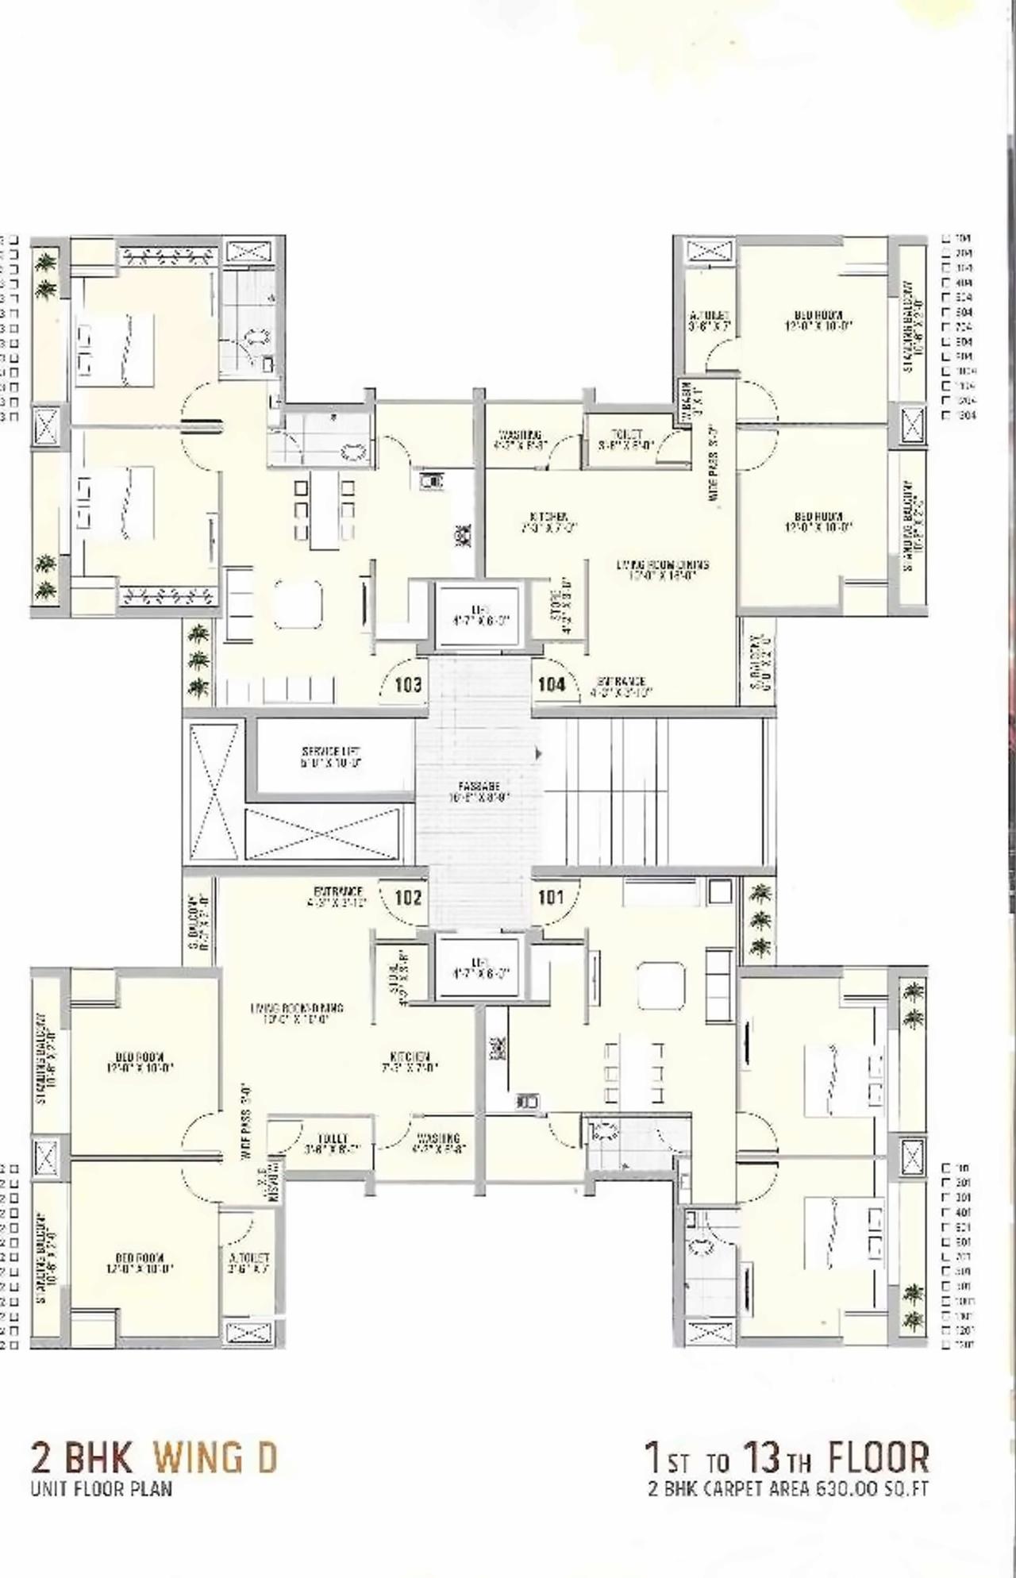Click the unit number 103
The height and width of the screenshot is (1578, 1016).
coord(408,685)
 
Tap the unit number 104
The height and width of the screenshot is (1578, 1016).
coord(551,684)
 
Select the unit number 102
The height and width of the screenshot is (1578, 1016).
coord(408,898)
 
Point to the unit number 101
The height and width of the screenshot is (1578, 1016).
coord(551,898)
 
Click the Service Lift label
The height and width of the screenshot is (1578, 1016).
coord(331,757)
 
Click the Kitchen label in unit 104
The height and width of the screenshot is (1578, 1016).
coord(545,521)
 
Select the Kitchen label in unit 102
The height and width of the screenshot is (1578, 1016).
coord(410,1061)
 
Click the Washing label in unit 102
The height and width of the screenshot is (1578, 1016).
coord(437,1143)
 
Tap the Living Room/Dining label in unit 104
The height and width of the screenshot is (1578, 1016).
coord(663,570)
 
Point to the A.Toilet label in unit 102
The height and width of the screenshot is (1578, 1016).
coord(249,1263)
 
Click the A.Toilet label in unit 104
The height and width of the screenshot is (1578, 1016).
coord(709,320)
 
